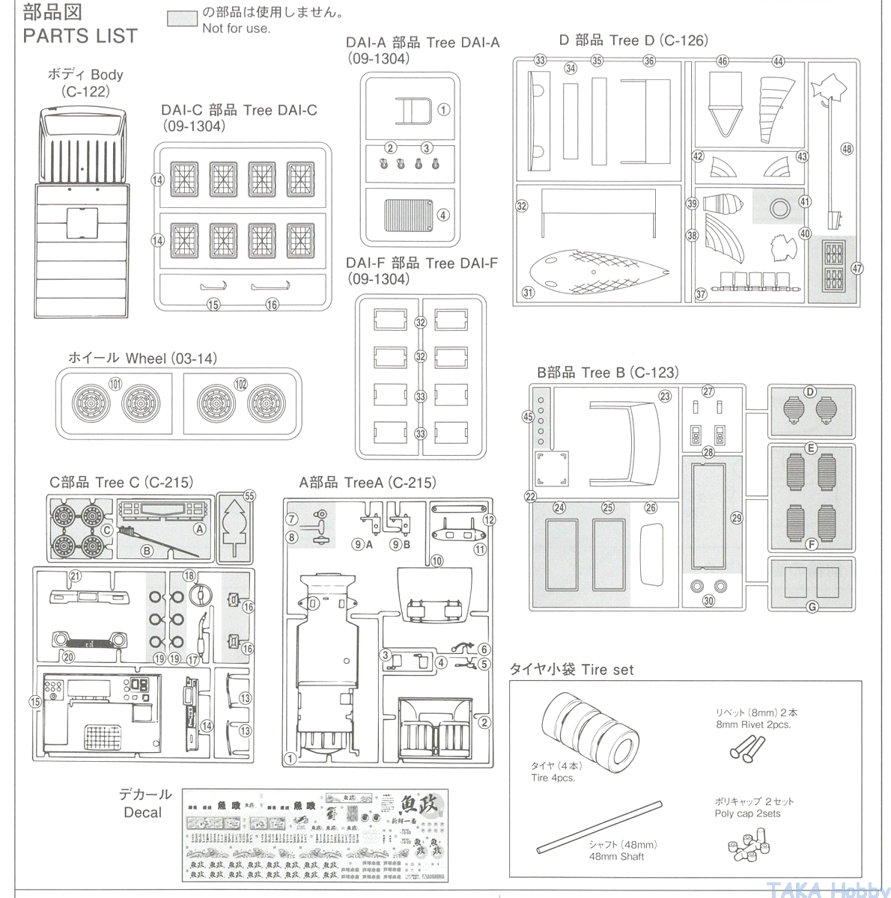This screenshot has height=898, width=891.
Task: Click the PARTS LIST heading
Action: coord(80,36)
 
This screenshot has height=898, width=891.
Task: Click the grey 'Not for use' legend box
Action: coord(182,19)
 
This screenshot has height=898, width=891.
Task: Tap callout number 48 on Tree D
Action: coord(846,149)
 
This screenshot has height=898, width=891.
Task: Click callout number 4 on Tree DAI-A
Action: coord(443,215)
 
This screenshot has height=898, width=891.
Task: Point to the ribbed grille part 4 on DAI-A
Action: coord(408,217)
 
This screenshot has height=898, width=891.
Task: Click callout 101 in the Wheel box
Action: coord(115,384)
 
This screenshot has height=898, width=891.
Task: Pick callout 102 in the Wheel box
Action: coord(240,384)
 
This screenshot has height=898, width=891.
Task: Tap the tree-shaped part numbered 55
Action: coord(236,527)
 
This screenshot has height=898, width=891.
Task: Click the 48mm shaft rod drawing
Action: coord(599,827)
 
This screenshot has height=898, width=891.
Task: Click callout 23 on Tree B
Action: coord(665,396)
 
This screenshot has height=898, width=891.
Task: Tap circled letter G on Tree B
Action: coord(812,607)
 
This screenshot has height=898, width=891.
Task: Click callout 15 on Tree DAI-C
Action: coord(213,305)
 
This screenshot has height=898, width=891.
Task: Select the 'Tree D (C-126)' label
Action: coord(633,40)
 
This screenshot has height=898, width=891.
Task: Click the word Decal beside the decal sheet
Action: coord(142,813)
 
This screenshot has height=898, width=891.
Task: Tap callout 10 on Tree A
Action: coord(437,560)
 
